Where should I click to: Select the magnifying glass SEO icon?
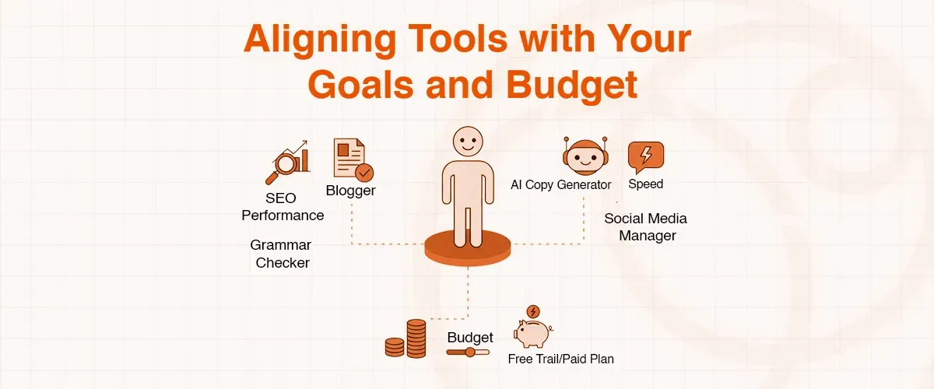click(x=285, y=163)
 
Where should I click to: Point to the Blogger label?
click(x=350, y=191)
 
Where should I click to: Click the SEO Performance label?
click(x=282, y=206)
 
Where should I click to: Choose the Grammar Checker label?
click(x=282, y=254)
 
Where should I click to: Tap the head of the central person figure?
click(x=467, y=141)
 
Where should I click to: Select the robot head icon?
click(x=583, y=156)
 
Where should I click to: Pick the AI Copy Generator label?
click(x=560, y=184)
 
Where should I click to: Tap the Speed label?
click(x=645, y=184)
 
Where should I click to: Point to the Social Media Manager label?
click(x=646, y=226)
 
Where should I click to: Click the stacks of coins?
click(x=407, y=338)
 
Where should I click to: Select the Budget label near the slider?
click(x=470, y=338)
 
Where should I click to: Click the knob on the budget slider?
click(x=470, y=352)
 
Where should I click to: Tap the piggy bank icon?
click(x=532, y=332)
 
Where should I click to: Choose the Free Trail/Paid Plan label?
click(x=560, y=359)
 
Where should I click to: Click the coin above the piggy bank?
click(x=532, y=311)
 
